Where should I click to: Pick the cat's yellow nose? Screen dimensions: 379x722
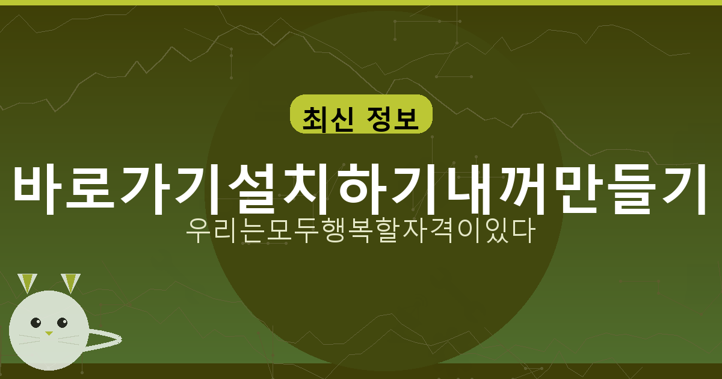(x=49, y=333)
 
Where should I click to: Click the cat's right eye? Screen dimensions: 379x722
(x=61, y=322)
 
